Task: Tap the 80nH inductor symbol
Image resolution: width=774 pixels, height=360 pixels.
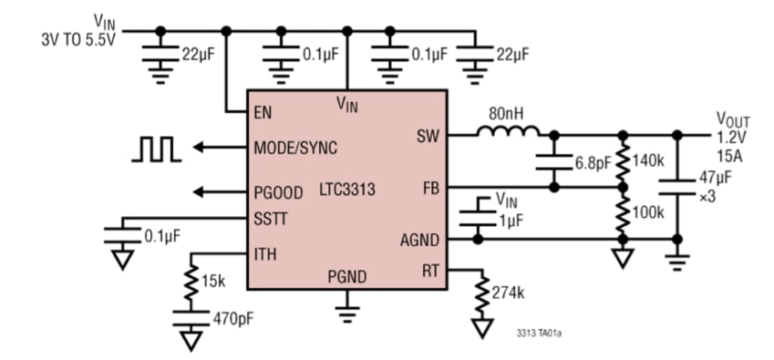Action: [x=507, y=134]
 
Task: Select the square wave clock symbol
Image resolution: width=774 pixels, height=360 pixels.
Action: [x=156, y=149]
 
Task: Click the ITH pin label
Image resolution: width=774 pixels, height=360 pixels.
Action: [x=265, y=254]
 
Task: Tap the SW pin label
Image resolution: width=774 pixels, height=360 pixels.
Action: [x=428, y=136]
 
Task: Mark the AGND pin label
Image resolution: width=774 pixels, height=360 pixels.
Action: [x=420, y=241]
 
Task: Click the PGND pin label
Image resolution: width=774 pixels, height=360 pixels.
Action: [x=347, y=275]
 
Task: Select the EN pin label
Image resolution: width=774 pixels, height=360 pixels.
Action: [x=263, y=113]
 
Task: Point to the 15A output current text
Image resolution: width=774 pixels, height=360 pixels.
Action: [x=728, y=156]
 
